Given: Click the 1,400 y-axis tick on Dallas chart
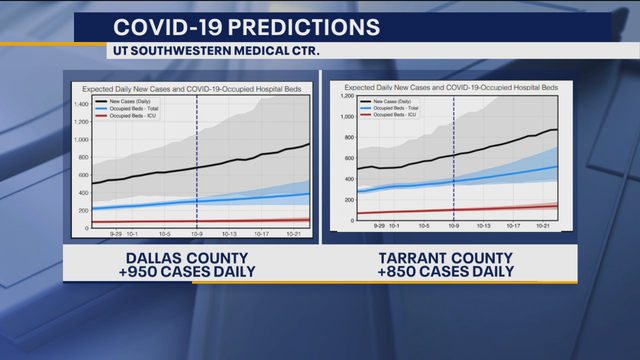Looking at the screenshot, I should [x=81, y=103].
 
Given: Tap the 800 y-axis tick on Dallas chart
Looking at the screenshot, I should [x=84, y=157].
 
